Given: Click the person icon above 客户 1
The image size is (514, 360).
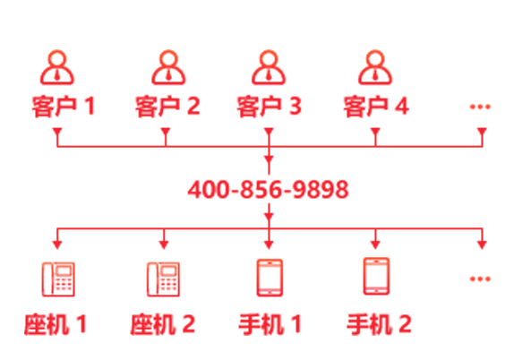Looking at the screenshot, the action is point(57,67).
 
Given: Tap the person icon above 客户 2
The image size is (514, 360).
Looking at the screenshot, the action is point(168,67).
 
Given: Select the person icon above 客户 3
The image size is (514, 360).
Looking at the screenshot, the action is point(269,67).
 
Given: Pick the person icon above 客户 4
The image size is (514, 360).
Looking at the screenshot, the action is point(375,67).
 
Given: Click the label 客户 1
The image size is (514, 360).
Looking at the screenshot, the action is point(64,107).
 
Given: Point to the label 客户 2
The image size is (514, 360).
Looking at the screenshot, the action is point(167,107).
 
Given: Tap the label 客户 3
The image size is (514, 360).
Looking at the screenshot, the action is point(270,107).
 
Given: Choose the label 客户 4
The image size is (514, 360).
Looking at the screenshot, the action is point(376,107).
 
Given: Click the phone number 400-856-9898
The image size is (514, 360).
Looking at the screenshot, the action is point(268,190).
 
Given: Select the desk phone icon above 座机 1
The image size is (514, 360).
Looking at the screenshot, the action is point(58,279).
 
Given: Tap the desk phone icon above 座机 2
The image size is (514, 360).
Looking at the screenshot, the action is point(163,279).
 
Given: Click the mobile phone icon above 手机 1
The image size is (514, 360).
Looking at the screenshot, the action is point(270,278).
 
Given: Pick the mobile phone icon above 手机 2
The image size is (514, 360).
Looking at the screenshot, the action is point(376,276).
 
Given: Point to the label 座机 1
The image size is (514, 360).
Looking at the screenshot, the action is point(56,324).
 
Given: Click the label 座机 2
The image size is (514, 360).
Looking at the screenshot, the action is point(163,324).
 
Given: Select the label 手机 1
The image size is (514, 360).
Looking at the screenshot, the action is point(270,324).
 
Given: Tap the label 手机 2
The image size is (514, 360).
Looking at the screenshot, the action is point(379,324).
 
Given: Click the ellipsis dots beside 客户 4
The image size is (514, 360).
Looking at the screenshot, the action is point(480,107).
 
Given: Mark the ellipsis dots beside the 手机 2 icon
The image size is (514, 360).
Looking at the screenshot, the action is point(480,279).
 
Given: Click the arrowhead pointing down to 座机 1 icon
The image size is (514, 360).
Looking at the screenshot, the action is point(57,244).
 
